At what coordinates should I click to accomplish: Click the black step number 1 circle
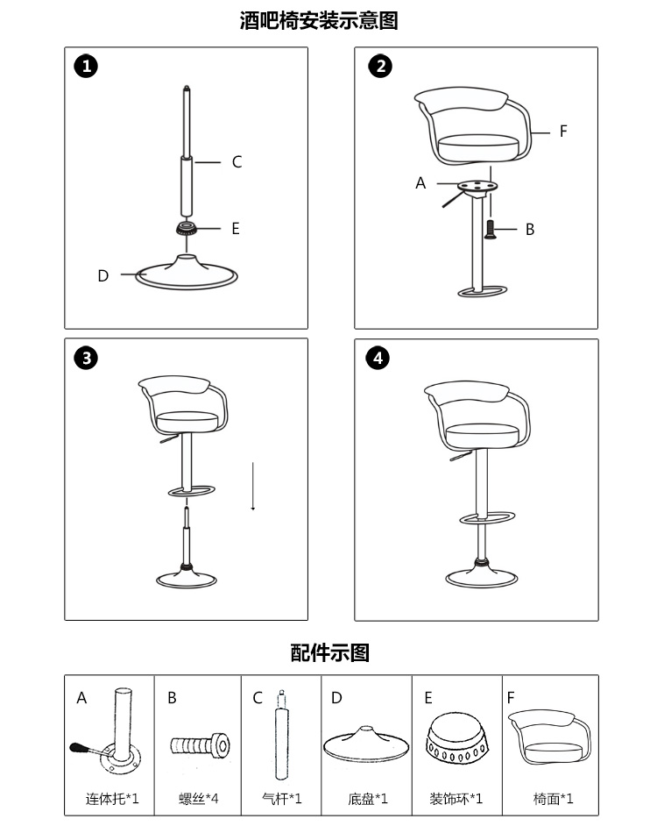(86, 67)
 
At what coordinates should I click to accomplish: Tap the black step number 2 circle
(380, 67)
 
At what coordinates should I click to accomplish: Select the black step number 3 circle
(86, 358)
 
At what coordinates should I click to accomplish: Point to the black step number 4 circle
(378, 358)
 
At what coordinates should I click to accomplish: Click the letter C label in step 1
(237, 162)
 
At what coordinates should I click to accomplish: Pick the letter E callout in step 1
(236, 229)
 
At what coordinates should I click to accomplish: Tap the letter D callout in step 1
(103, 275)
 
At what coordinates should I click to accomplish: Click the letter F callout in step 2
(563, 132)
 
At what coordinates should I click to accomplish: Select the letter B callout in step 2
(530, 230)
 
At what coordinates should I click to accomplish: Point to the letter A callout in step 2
(420, 183)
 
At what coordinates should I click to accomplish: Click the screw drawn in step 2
(491, 230)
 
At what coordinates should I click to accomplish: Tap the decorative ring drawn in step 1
(187, 229)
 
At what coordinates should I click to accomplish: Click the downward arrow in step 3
(253, 486)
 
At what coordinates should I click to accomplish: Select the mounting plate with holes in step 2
(477, 187)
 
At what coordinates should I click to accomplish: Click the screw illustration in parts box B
(200, 745)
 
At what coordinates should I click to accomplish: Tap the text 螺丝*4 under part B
(199, 799)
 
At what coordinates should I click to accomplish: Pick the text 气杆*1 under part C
(282, 799)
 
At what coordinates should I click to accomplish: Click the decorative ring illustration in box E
(456, 738)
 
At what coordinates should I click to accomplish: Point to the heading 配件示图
(329, 652)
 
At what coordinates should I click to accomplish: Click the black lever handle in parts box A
(79, 748)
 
